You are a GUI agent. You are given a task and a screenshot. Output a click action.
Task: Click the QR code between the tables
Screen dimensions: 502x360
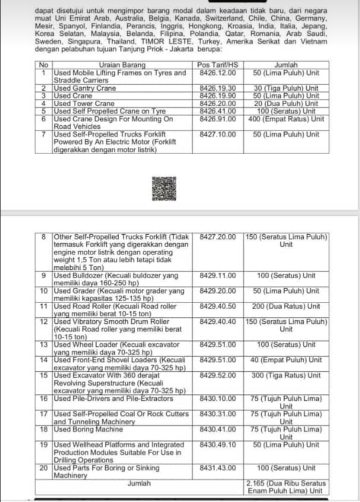click(161, 190)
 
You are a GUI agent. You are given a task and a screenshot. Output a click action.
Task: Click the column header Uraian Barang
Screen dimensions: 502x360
click(122, 65)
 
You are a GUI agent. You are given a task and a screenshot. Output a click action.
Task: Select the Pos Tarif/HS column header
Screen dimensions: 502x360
click(217, 65)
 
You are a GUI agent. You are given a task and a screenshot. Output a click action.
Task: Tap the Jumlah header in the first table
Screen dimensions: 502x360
click(286, 65)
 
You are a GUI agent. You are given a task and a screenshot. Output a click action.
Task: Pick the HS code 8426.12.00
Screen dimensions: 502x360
click(217, 73)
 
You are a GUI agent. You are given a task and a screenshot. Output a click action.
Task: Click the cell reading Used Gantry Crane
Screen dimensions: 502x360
click(84, 88)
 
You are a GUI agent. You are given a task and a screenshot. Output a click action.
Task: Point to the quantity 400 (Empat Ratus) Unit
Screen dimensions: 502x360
click(286, 119)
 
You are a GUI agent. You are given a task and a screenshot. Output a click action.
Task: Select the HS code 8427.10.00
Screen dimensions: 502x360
click(217, 135)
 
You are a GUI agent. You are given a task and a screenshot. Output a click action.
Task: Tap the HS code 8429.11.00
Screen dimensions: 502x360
click(217, 275)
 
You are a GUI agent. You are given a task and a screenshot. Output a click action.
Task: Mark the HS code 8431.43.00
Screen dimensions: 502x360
click(217, 468)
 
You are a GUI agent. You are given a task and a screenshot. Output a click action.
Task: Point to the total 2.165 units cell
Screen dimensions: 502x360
click(285, 487)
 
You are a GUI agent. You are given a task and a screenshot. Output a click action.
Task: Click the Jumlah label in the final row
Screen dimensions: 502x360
click(139, 483)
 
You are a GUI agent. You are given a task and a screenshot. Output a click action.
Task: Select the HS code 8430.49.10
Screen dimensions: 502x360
click(217, 445)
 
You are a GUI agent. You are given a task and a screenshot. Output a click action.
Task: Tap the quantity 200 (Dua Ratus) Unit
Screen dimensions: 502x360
click(286, 306)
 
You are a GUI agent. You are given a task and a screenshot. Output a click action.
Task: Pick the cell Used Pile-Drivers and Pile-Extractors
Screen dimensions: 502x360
click(113, 398)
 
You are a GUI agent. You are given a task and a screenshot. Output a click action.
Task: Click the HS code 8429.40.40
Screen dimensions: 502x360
click(217, 321)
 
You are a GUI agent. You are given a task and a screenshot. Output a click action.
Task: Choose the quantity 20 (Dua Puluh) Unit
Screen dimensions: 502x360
click(286, 104)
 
